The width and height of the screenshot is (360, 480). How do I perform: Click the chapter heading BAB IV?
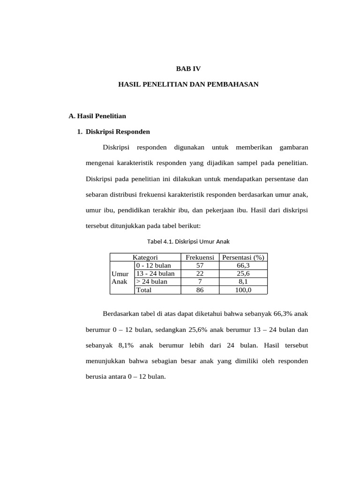pyautogui.click(x=187, y=68)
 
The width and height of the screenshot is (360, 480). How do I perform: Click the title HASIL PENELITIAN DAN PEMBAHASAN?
pyautogui.click(x=188, y=84)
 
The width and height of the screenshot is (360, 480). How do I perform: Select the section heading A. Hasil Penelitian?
pyautogui.click(x=97, y=115)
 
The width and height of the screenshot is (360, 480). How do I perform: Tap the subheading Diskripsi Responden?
pyautogui.click(x=118, y=132)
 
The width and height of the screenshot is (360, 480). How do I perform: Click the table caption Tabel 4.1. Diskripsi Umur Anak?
pyautogui.click(x=188, y=241)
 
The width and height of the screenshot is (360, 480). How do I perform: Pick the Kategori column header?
pyautogui.click(x=145, y=257)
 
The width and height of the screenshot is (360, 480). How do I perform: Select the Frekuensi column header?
pyautogui.click(x=200, y=257)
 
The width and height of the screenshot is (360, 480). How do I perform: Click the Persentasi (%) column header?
pyautogui.click(x=243, y=257)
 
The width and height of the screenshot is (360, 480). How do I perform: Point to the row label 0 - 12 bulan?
pyautogui.click(x=153, y=266)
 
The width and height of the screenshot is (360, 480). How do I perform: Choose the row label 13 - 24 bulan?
pyautogui.click(x=155, y=274)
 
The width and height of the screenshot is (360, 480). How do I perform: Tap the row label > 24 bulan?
pyautogui.click(x=151, y=282)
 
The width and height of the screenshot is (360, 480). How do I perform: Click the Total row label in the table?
pyautogui.click(x=144, y=290)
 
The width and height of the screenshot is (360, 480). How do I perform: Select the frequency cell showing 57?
pyautogui.click(x=200, y=266)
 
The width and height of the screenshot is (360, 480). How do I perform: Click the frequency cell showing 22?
pyautogui.click(x=200, y=274)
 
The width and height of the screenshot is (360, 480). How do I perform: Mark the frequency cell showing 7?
pyautogui.click(x=200, y=282)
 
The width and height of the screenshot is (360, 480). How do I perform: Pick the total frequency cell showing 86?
pyautogui.click(x=200, y=290)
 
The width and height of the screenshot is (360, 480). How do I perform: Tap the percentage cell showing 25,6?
pyautogui.click(x=243, y=274)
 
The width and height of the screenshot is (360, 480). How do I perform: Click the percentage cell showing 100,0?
pyautogui.click(x=243, y=290)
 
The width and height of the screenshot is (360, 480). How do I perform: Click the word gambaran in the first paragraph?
pyautogui.click(x=293, y=148)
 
